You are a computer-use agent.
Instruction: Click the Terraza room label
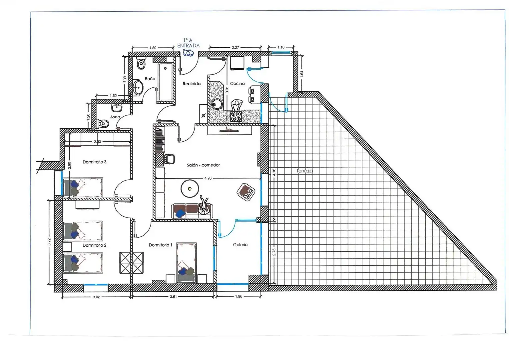pyautogui.click(x=304, y=171)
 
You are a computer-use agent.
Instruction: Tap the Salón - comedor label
pyautogui.click(x=203, y=165)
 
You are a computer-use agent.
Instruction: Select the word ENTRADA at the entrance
pyautogui.click(x=188, y=45)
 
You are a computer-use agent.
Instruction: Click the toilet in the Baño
pyautogui.click(x=141, y=63)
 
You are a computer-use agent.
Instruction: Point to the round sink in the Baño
pyautogui.click(x=138, y=87)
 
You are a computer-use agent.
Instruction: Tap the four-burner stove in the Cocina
pyautogui.click(x=236, y=116)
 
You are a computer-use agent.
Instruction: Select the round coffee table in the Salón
pyautogui.click(x=190, y=189)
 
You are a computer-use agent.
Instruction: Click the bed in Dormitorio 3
pyautogui.click(x=83, y=187)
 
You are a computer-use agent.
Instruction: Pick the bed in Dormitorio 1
pyautogui.click(x=186, y=263)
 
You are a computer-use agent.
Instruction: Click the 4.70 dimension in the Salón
pyautogui.click(x=208, y=178)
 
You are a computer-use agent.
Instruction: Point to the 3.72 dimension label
pyautogui.click(x=49, y=242)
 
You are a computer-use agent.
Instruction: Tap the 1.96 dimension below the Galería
pyautogui.click(x=239, y=296)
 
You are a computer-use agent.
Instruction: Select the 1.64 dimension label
pyautogui.click(x=302, y=74)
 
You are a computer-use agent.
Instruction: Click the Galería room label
pyautogui.click(x=240, y=245)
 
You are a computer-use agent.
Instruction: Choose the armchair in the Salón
pyautogui.click(x=246, y=192)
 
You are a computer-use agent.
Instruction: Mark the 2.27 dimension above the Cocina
pyautogui.click(x=235, y=48)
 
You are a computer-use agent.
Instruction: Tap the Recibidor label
pyautogui.click(x=192, y=84)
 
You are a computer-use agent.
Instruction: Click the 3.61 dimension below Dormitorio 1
pyautogui.click(x=173, y=297)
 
